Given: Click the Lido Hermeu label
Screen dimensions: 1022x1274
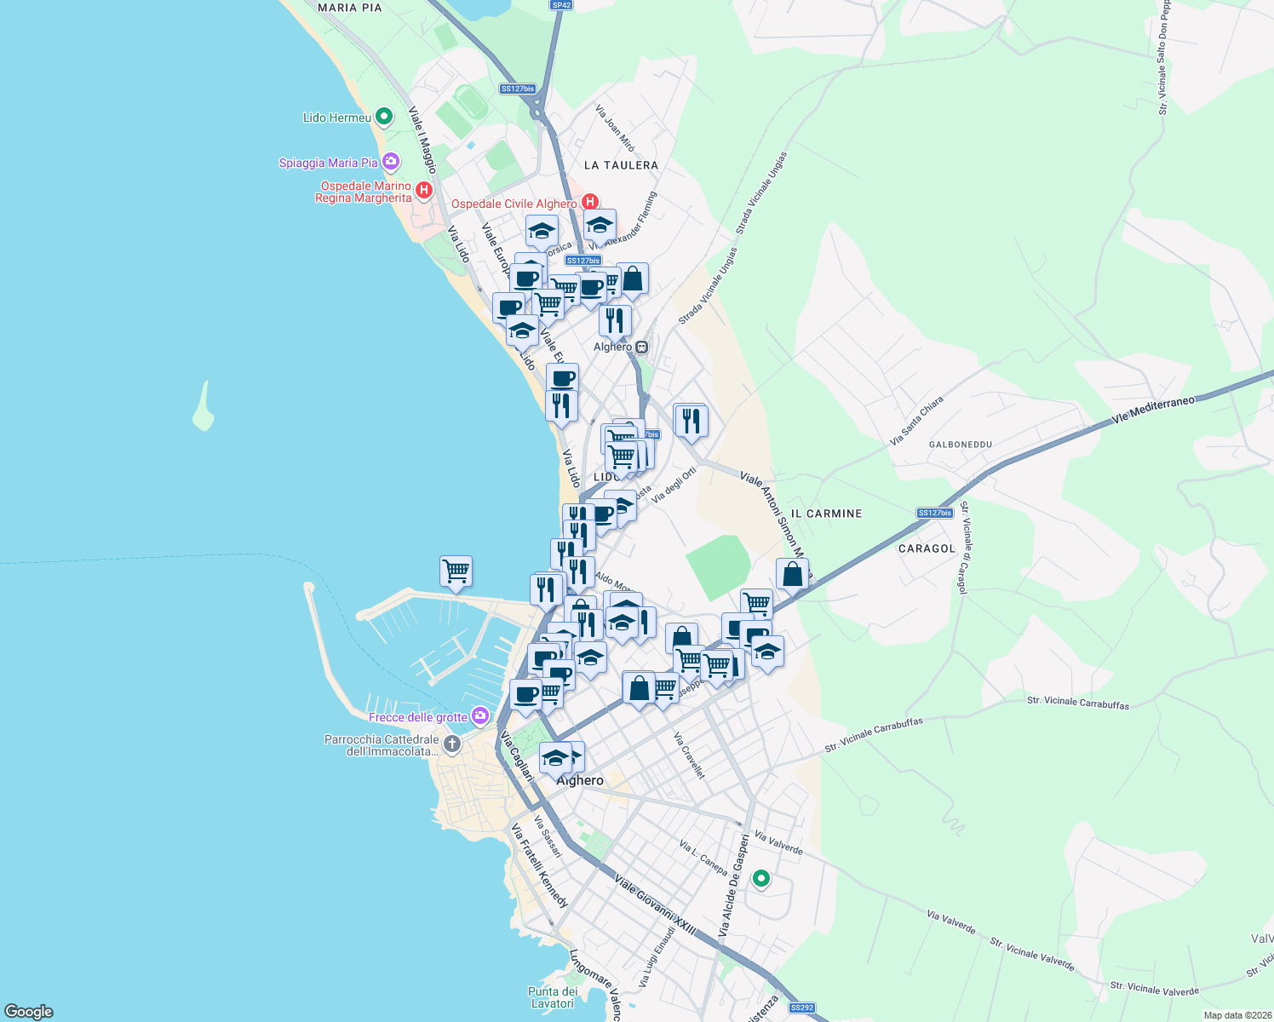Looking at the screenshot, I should click(337, 118).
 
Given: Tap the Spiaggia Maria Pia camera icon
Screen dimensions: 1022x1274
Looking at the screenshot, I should click(390, 161).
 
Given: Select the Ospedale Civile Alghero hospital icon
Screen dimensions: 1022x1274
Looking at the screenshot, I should click(589, 203).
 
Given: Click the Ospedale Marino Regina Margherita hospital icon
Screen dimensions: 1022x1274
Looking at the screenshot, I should click(423, 191).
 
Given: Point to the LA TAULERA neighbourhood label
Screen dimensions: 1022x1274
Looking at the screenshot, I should click(621, 165).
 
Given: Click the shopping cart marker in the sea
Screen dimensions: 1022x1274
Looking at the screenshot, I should click(456, 570).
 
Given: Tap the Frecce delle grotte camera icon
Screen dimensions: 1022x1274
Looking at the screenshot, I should click(480, 715).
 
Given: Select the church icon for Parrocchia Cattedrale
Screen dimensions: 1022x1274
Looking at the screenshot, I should click(451, 744).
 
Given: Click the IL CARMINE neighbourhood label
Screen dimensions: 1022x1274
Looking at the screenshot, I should click(826, 514).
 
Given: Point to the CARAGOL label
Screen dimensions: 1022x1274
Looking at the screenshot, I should click(927, 548).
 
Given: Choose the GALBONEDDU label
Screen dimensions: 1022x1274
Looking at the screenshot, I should click(961, 445).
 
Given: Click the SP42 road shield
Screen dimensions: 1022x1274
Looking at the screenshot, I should click(560, 5).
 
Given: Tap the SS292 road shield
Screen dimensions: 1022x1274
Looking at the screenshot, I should click(801, 1008).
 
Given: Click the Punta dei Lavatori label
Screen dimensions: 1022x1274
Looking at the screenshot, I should click(553, 997).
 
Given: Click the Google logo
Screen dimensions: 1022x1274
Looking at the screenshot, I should click(28, 1011).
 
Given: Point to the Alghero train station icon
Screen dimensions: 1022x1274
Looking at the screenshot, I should click(641, 347).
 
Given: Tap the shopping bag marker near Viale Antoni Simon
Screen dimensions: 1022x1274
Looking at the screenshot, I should click(792, 574).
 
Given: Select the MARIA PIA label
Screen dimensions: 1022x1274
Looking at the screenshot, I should click(349, 8).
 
